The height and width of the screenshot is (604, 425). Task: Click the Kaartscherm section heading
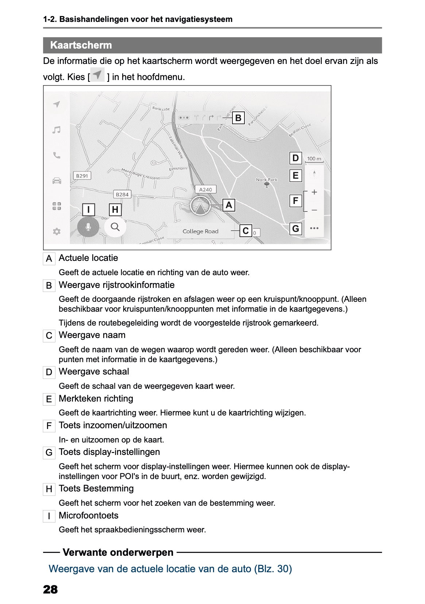tap(81, 45)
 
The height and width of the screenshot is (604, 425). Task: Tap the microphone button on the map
tap(88, 227)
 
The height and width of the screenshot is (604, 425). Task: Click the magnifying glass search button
tap(115, 227)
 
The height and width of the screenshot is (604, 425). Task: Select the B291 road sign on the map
tap(82, 176)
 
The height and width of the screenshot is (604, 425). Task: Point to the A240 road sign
tap(205, 189)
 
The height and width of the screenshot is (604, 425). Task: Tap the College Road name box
tap(200, 231)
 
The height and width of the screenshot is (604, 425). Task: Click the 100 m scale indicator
tap(314, 159)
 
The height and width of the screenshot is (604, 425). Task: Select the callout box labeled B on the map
tap(238, 118)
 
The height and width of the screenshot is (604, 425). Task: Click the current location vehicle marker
tap(200, 206)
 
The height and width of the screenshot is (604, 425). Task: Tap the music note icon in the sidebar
tap(56, 130)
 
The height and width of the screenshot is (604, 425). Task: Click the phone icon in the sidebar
tap(57, 156)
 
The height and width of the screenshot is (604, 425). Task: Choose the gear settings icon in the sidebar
tap(57, 231)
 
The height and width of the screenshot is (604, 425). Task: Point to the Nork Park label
tap(267, 179)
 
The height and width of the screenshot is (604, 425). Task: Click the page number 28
tap(50, 589)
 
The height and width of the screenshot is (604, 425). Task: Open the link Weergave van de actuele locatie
tap(170, 569)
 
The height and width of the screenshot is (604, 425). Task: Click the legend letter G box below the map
tap(49, 453)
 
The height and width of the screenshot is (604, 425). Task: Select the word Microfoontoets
tap(89, 516)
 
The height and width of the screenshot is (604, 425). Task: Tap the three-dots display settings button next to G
tap(314, 228)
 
